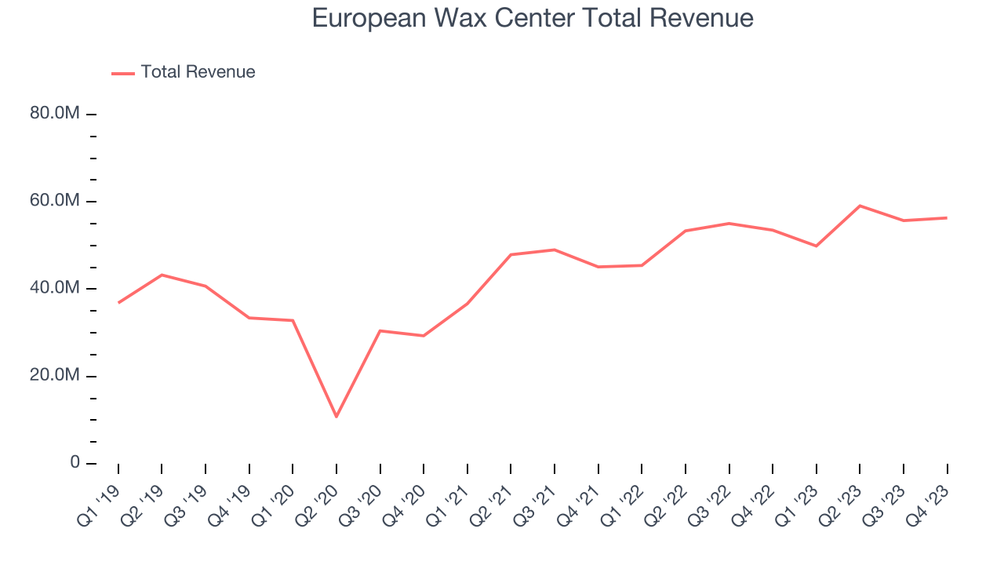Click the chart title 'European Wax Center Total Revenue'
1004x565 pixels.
[533, 18]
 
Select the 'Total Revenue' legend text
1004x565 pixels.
[198, 72]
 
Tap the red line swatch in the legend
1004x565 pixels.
[123, 73]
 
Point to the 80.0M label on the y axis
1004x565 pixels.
[55, 114]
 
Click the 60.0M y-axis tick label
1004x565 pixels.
[55, 201]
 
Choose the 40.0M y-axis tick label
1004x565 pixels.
[55, 288]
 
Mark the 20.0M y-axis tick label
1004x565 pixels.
[55, 375]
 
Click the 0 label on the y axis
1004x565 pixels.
[75, 462]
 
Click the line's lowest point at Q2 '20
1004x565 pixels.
[336, 417]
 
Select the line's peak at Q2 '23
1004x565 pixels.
[860, 206]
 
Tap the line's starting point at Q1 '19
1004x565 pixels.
[118, 302]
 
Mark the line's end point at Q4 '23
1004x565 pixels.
[947, 217]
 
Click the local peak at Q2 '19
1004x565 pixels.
[162, 275]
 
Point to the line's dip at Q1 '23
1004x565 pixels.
[817, 246]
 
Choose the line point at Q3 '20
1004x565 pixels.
[380, 330]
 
